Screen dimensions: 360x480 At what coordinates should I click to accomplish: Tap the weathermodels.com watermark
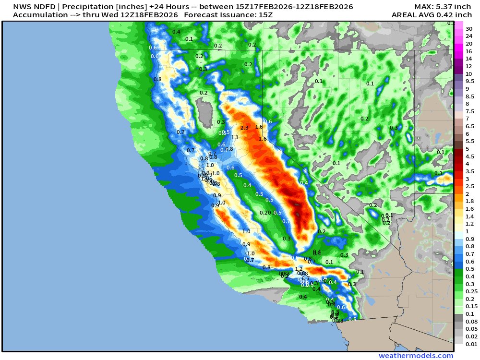[x=416, y=356]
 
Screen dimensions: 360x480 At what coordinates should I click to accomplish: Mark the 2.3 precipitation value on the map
[x=244, y=128]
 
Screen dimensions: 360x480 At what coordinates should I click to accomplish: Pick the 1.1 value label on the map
[x=235, y=137]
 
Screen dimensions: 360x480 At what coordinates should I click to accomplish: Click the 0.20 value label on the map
[x=265, y=213]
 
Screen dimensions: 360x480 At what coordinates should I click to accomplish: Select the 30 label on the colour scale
[x=468, y=28]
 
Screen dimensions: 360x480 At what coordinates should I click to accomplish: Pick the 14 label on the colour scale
[x=468, y=59]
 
